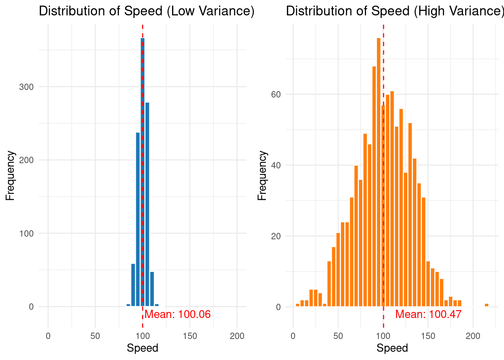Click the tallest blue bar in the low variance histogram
pyautogui.click(x=142, y=172)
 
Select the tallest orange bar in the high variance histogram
pyautogui.click(x=378, y=172)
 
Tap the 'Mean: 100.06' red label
pyautogui.click(x=178, y=314)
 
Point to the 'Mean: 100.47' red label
pyautogui.click(x=428, y=314)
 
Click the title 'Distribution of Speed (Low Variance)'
pyautogui.click(x=147, y=11)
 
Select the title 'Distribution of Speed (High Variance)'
pyautogui.click(x=394, y=11)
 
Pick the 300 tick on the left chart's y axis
pyautogui.click(x=26, y=87)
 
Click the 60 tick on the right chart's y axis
pyautogui.click(x=276, y=94)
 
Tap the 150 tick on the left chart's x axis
pyautogui.click(x=190, y=336)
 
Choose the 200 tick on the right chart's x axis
pyautogui.click(x=473, y=336)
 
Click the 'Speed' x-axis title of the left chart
pyautogui.click(x=142, y=348)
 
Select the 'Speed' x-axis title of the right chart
pyautogui.click(x=392, y=348)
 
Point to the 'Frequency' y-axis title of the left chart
pyautogui.click(x=10, y=175)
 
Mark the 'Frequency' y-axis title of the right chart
pyautogui.click(x=262, y=175)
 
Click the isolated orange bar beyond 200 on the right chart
pyautogui.click(x=486, y=305)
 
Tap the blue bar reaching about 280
pyautogui.click(x=147, y=204)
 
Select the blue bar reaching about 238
pyautogui.click(x=138, y=219)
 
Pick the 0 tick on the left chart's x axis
pyautogui.click(x=48, y=336)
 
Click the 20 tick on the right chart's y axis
pyautogui.click(x=276, y=236)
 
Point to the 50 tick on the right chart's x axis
pyautogui.click(x=338, y=336)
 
